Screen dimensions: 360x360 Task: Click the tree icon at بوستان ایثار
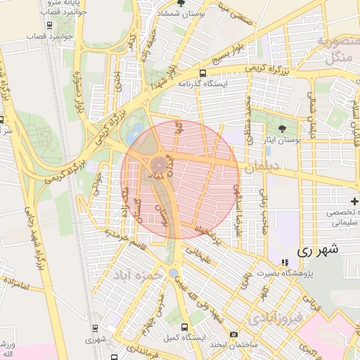point(283,128)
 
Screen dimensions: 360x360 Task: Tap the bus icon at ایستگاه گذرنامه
point(203,72)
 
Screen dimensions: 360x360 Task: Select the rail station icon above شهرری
point(95,328)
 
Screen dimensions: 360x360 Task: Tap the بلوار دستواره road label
point(78,79)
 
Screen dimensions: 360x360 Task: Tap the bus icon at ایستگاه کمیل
point(185,328)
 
